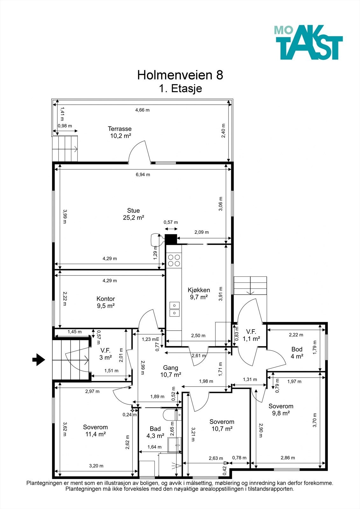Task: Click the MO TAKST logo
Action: pyautogui.click(x=308, y=42)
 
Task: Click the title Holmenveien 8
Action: pyautogui.click(x=180, y=75)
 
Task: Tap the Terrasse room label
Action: pyautogui.click(x=120, y=129)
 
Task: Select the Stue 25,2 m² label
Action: pyautogui.click(x=133, y=214)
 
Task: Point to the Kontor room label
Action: pyautogui.click(x=106, y=299)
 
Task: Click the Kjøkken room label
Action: pyautogui.click(x=199, y=290)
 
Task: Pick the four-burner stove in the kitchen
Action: pyautogui.click(x=174, y=261)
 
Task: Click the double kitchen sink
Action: pyautogui.click(x=174, y=309)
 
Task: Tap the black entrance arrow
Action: pyautogui.click(x=39, y=359)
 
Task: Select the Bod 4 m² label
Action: pyautogui.click(x=297, y=353)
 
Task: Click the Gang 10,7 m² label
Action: pyautogui.click(x=171, y=371)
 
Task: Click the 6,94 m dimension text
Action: pyautogui.click(x=143, y=175)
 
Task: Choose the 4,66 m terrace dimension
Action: pyautogui.click(x=142, y=110)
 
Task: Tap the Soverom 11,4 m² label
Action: pyautogui.click(x=95, y=431)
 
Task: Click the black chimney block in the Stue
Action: pyautogui.click(x=171, y=239)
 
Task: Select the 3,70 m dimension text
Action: pyautogui.click(x=314, y=420)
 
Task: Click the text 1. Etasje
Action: pyautogui.click(x=180, y=88)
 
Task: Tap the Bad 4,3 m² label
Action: pyautogui.click(x=155, y=432)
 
